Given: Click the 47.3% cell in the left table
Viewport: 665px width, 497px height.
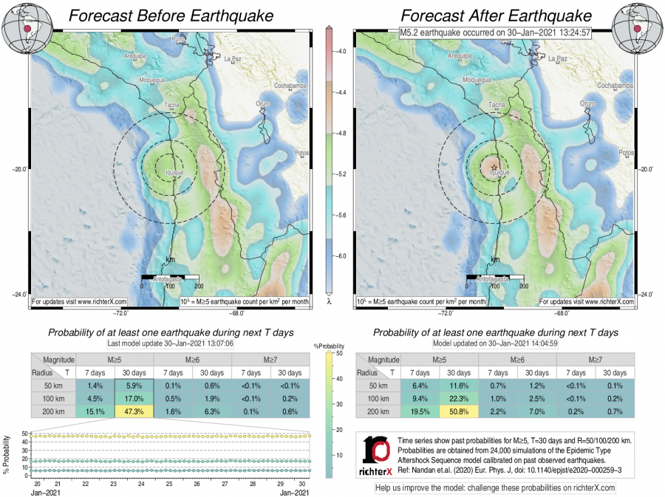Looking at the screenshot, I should [134, 412].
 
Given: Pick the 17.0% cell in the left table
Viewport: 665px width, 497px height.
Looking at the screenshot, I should [134, 399].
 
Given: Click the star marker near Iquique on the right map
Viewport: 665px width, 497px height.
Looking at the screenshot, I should [494, 166].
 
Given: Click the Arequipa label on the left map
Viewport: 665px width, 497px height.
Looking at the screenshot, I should [137, 55].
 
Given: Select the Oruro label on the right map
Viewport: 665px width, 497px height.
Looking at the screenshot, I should [589, 104].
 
